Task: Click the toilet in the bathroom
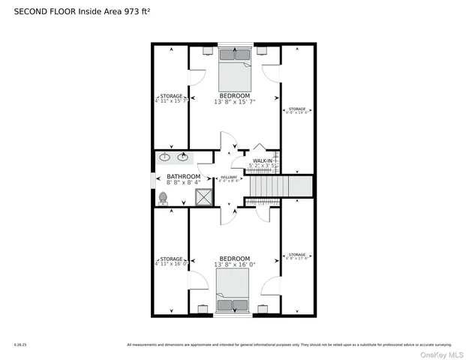coord(164,197)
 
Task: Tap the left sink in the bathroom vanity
coord(165,157)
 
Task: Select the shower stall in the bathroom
coord(203,197)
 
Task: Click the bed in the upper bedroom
coord(235,70)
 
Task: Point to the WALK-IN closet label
coord(262,161)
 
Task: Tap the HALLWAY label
coord(229,177)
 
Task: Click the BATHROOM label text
coord(183,177)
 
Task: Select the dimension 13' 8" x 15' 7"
coord(234,101)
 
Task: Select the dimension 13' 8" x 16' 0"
coord(234,264)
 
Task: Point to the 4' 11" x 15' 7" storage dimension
coord(170,101)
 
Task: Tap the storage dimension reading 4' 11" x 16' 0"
coord(170,264)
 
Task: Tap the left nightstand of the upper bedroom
coord(208,53)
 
